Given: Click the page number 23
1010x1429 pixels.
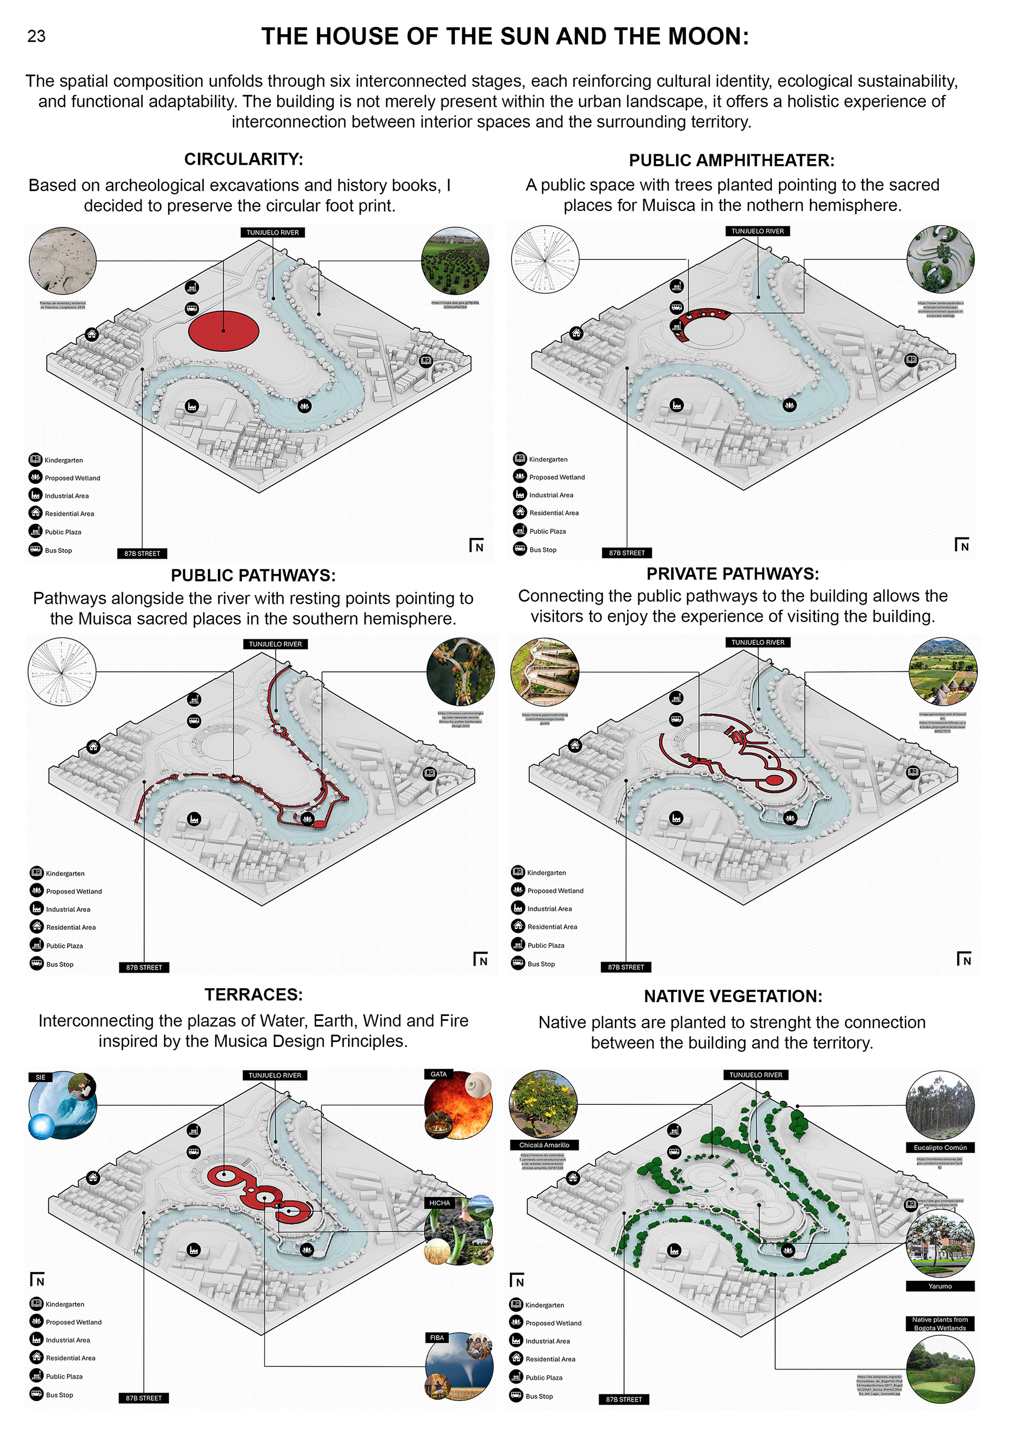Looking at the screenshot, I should [x=36, y=36].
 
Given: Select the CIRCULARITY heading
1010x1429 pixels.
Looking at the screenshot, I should [x=244, y=159].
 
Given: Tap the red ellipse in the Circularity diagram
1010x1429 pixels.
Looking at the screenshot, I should [x=224, y=331].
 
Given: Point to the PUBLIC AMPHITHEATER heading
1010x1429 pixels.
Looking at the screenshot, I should [x=731, y=160].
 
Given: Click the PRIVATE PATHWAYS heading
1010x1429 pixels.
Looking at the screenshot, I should [x=732, y=574].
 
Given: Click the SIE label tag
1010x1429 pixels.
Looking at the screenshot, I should [x=41, y=1078].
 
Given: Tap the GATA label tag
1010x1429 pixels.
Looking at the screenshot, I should [x=438, y=1074].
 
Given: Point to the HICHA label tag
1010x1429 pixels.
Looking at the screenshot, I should [x=439, y=1203].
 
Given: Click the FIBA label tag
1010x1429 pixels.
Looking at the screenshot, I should [x=437, y=1337].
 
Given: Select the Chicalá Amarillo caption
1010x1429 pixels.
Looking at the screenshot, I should [x=544, y=1145].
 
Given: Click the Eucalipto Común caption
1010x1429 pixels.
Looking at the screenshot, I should [x=940, y=1148].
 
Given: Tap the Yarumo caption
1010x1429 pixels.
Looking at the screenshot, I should [x=940, y=1286].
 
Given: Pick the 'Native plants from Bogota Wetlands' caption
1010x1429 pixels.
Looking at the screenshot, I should [x=940, y=1324].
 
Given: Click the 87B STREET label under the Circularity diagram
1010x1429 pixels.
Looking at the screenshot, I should [x=142, y=554].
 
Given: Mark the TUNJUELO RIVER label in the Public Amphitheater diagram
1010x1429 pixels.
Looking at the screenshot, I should [x=757, y=231].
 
